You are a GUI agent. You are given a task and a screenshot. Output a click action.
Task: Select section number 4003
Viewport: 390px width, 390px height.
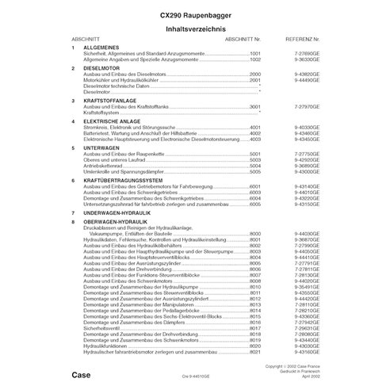tap(255, 139)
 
